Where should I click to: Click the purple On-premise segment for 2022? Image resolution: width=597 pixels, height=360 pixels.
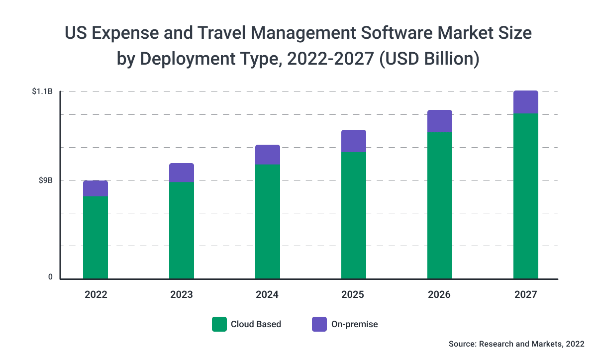[96, 188]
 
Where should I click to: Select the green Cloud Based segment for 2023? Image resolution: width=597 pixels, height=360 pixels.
[182, 230]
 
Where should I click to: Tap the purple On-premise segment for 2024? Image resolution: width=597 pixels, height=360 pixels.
[268, 155]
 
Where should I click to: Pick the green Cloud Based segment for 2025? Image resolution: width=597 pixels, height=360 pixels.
[354, 215]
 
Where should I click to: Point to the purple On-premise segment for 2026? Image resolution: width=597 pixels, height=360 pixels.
[440, 121]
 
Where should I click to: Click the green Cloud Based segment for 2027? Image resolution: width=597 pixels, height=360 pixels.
[526, 196]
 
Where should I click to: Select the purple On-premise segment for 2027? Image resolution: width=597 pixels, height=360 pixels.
[526, 102]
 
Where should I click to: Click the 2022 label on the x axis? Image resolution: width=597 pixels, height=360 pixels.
[96, 295]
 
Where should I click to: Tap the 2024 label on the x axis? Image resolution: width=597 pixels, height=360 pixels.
[268, 295]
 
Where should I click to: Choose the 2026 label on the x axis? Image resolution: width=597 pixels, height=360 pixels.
[440, 295]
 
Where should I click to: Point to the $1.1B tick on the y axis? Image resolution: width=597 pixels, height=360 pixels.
[42, 91]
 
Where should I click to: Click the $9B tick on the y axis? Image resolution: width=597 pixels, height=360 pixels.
[46, 180]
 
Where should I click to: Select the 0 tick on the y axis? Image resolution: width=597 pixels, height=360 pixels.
[50, 277]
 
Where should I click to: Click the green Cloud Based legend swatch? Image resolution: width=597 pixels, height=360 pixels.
[219, 324]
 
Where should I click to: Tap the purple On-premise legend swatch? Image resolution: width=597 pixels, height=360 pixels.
[319, 324]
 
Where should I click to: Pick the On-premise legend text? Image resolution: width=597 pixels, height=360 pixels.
[355, 324]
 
